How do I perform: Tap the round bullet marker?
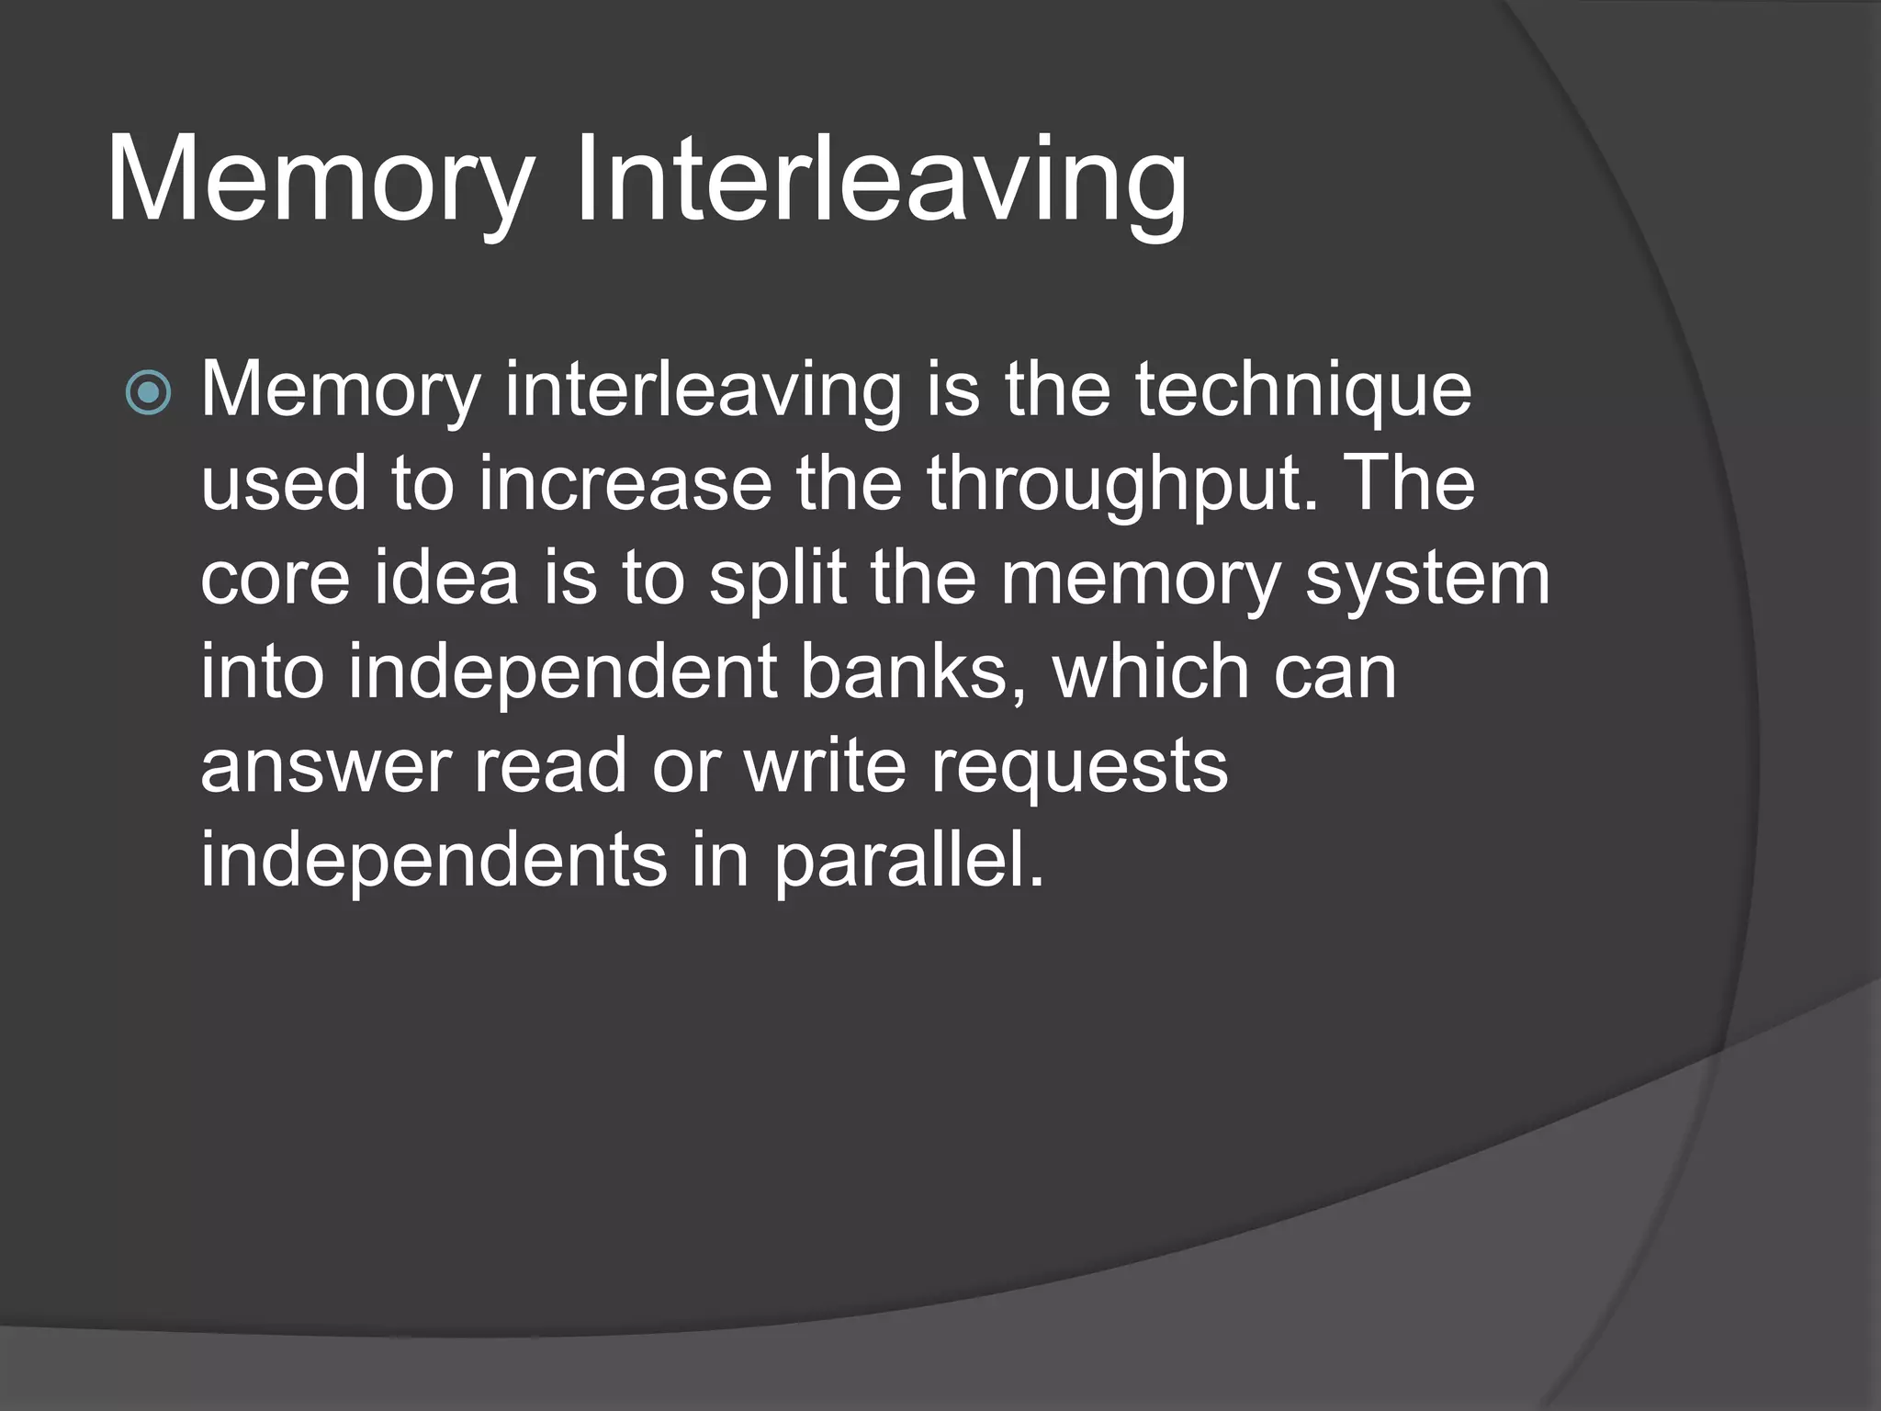pos(148,393)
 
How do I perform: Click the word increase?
pos(625,485)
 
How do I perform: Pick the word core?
pos(275,579)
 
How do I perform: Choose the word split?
pos(777,581)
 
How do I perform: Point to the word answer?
pos(325,767)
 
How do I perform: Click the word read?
pos(550,767)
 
